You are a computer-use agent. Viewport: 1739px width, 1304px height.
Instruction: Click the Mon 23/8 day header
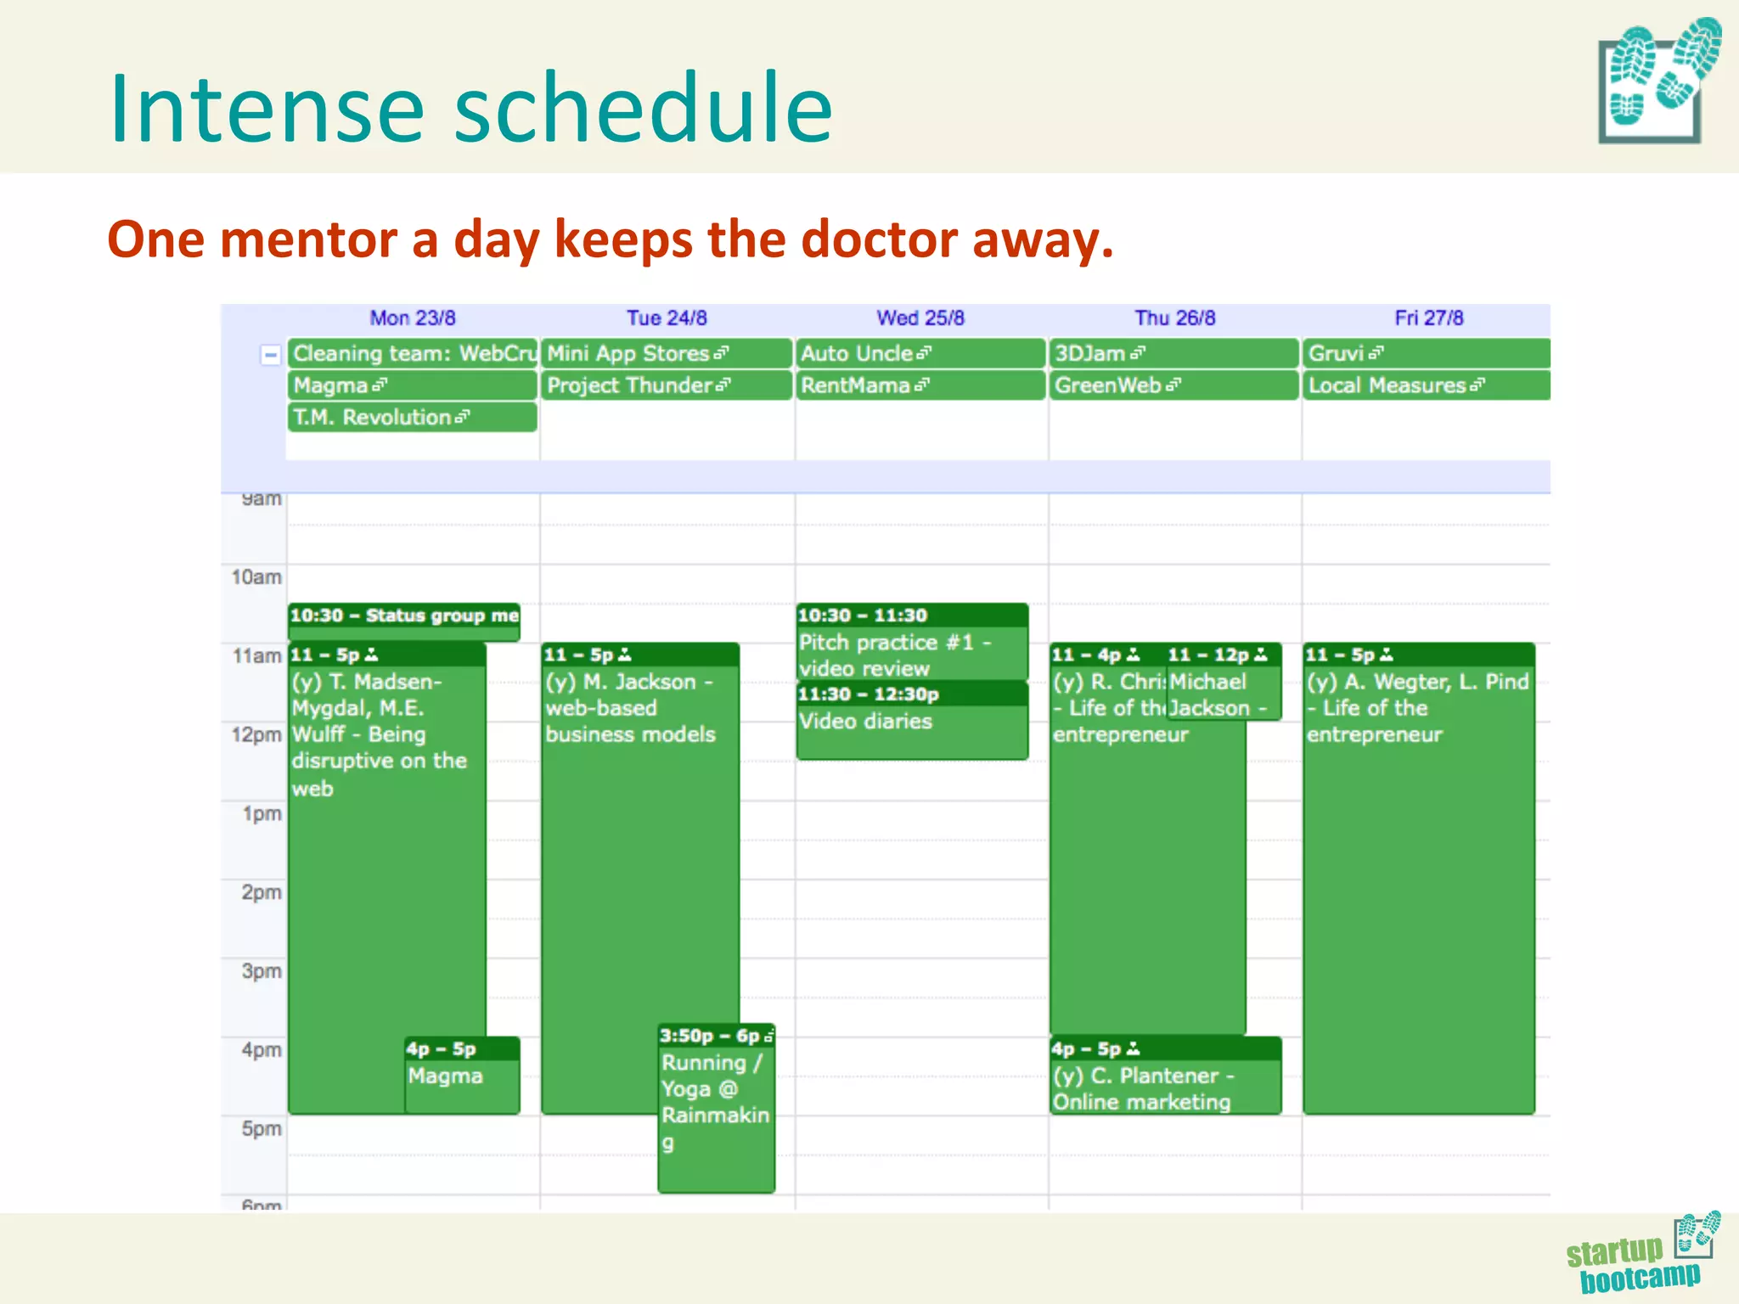click(x=413, y=318)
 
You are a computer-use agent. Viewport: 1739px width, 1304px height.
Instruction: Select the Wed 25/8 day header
click(x=920, y=318)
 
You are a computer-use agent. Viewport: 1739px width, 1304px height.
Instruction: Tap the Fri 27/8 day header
click(x=1429, y=318)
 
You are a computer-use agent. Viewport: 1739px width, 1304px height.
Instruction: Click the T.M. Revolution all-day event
click(x=412, y=418)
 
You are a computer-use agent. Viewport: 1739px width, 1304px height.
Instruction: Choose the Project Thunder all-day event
click(x=666, y=385)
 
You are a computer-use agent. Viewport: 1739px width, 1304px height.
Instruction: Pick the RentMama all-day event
click(x=920, y=385)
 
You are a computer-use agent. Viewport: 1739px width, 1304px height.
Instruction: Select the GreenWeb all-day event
click(x=1173, y=385)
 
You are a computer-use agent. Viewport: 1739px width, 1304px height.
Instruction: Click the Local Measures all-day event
click(x=1426, y=385)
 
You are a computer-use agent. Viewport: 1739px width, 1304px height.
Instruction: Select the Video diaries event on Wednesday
click(x=911, y=722)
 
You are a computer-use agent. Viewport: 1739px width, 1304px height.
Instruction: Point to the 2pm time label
click(x=261, y=892)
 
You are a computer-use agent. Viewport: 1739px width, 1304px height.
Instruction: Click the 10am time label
click(x=256, y=577)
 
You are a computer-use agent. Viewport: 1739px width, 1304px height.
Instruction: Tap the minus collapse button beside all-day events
click(x=270, y=355)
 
